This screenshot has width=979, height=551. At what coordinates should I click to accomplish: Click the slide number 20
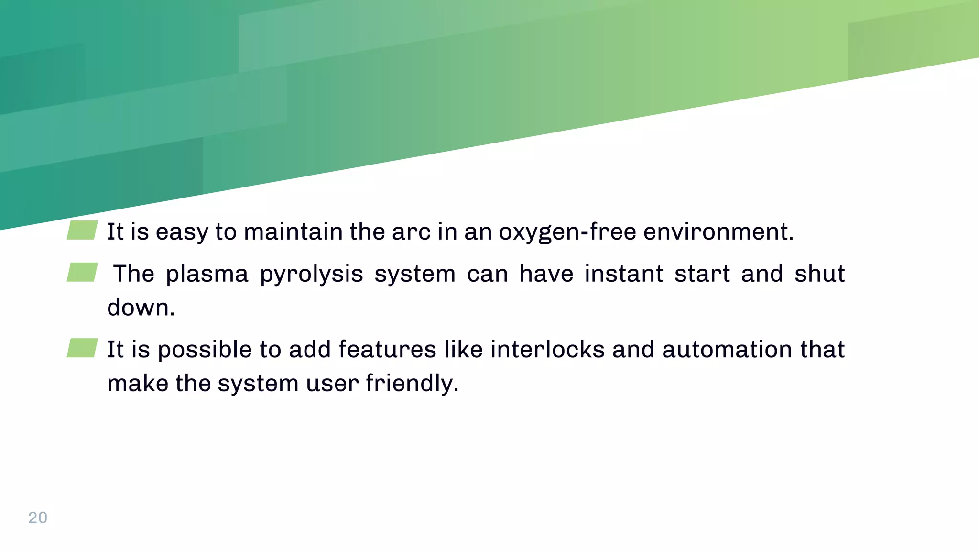pyautogui.click(x=38, y=518)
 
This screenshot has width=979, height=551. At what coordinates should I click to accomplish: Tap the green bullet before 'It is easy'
pyautogui.click(x=82, y=230)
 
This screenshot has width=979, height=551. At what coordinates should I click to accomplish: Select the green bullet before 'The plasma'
pyautogui.click(x=82, y=272)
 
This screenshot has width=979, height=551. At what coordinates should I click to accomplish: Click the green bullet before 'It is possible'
pyautogui.click(x=82, y=348)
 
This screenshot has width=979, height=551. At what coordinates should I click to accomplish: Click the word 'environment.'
pyautogui.click(x=718, y=232)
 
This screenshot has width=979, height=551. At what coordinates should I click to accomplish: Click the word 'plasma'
pyautogui.click(x=207, y=275)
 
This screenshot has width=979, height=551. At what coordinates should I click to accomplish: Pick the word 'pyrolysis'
pyautogui.click(x=312, y=275)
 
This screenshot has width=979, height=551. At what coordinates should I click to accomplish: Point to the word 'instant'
pyautogui.click(x=624, y=274)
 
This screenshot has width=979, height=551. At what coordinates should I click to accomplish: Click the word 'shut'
pyautogui.click(x=819, y=274)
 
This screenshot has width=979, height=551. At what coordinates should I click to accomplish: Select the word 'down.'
pyautogui.click(x=141, y=308)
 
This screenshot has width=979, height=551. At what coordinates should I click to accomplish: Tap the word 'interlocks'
pyautogui.click(x=547, y=350)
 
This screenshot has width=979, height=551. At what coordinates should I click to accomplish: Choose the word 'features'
pyautogui.click(x=387, y=350)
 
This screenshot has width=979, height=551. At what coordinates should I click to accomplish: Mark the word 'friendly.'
pyautogui.click(x=412, y=384)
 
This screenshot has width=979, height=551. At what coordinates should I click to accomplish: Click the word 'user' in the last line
pyautogui.click(x=332, y=384)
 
